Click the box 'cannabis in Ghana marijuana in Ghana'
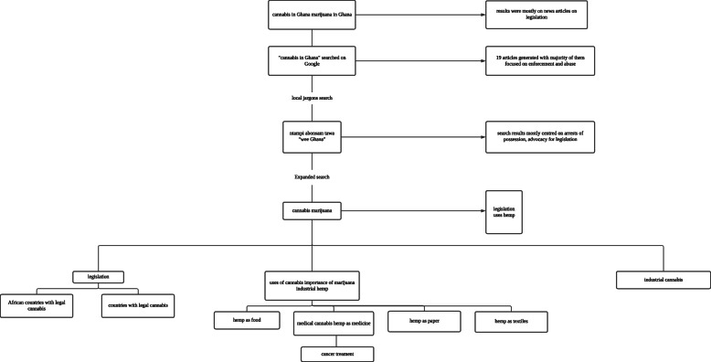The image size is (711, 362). coord(312,14)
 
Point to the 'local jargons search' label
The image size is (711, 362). coord(312,95)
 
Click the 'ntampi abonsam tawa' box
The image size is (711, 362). coord(312,137)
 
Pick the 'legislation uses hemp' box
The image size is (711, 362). coord(504,212)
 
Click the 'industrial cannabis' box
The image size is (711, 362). coord(663,278)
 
